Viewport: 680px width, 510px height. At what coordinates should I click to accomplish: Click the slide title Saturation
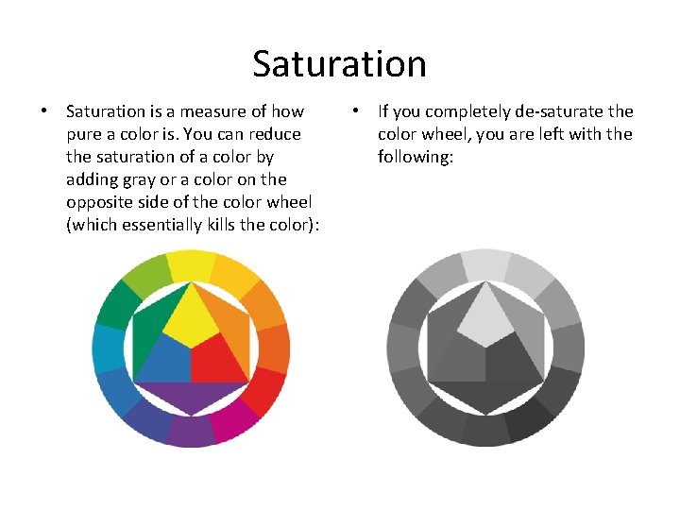point(339,64)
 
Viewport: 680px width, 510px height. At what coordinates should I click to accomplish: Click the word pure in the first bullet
point(83,134)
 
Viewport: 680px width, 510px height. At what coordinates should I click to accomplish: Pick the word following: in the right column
point(416,157)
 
